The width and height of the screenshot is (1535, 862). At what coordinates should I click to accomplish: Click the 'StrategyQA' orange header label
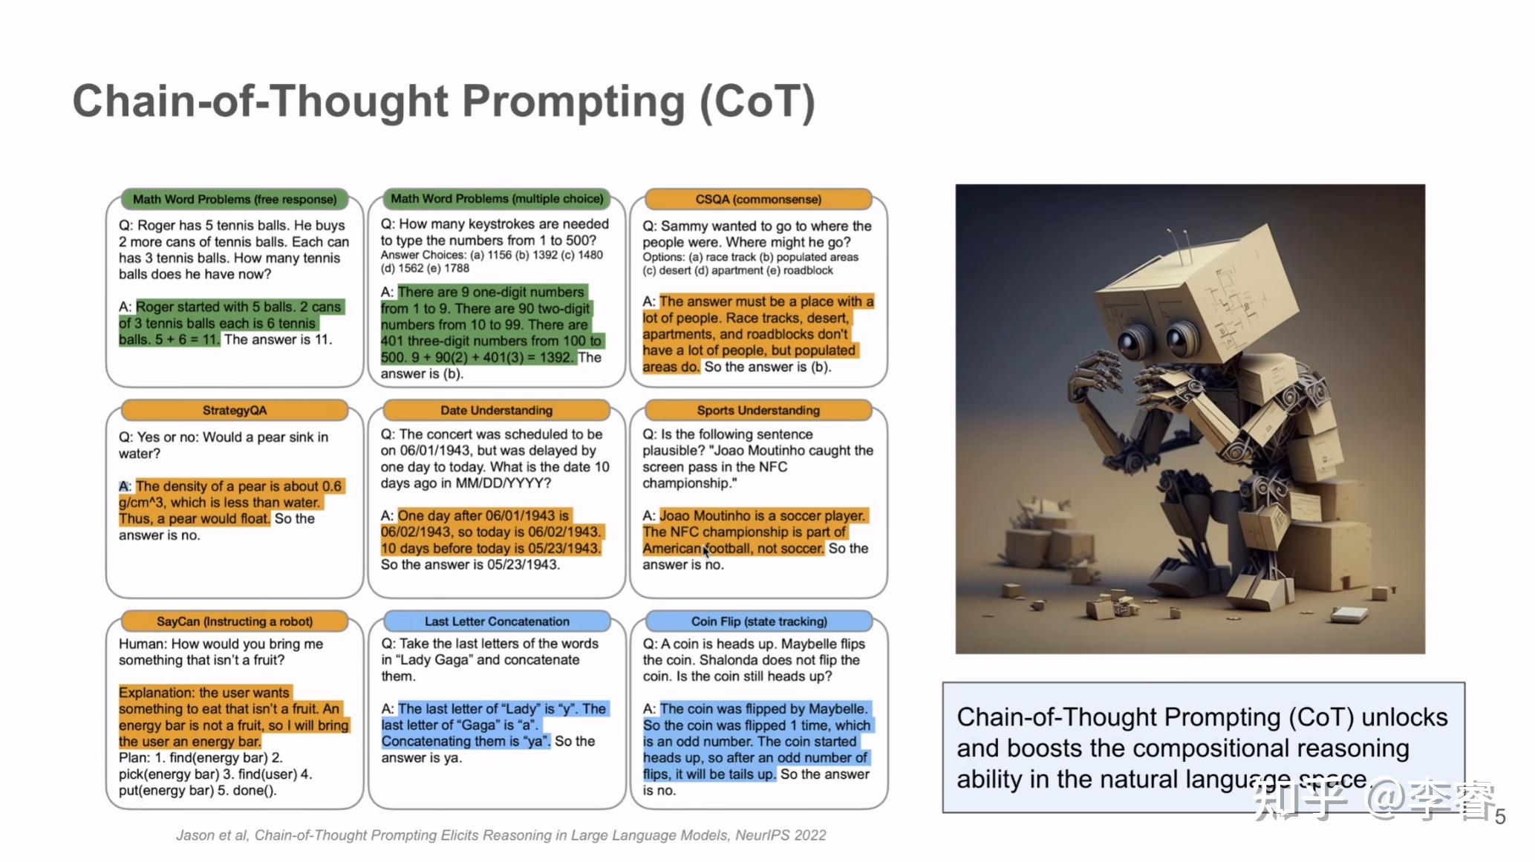coord(234,410)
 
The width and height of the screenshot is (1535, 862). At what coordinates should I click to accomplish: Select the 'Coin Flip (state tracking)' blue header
coord(758,621)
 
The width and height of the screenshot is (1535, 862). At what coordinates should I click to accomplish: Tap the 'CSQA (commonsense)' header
coord(758,199)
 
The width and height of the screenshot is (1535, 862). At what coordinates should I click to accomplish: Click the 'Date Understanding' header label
coord(496,410)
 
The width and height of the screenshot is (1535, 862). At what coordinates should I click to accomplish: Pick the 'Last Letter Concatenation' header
coord(497,621)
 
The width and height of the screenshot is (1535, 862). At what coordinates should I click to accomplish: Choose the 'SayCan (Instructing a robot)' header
coord(234,621)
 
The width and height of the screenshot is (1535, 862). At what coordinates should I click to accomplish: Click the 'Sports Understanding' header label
coord(758,410)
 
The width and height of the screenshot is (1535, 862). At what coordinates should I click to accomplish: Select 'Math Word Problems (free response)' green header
coord(234,199)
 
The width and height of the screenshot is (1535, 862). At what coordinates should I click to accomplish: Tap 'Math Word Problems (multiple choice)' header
coord(497,198)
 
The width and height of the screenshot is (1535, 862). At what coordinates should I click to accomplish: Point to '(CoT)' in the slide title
coord(757,102)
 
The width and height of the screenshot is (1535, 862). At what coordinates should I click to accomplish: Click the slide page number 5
coord(1500,817)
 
